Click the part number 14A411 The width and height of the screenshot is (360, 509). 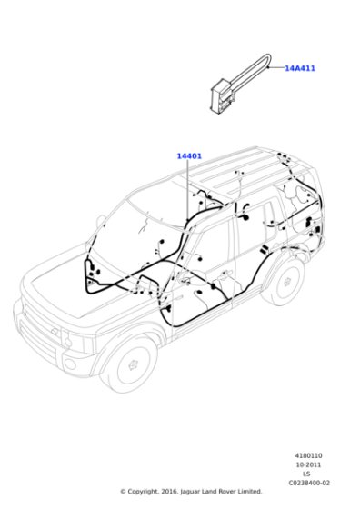point(300,68)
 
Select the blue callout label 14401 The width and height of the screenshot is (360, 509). point(189,155)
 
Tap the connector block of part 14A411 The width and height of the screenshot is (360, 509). point(222,96)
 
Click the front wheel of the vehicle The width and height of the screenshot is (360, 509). point(132,364)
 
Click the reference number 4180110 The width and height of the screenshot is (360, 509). point(308,455)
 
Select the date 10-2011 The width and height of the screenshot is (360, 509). point(308,464)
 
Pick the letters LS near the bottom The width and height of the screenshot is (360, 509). point(306,474)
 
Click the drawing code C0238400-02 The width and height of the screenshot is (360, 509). point(309,483)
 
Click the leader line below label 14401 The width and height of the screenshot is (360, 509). point(187,191)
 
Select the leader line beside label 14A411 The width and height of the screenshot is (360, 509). point(275,68)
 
